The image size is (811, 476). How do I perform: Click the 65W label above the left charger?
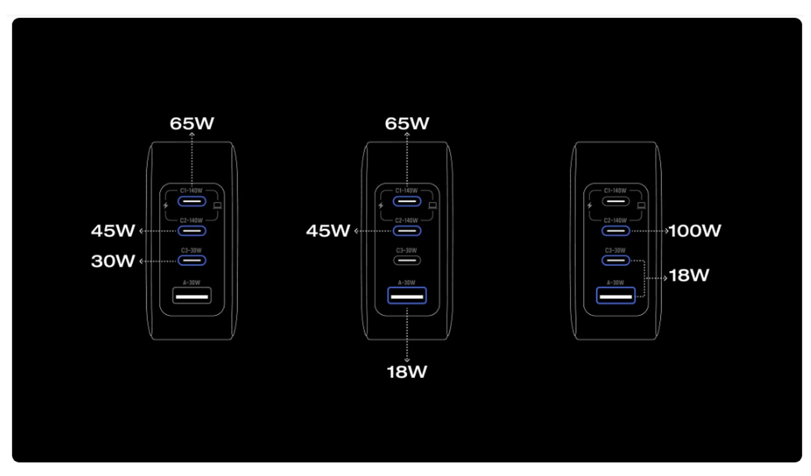pos(192,124)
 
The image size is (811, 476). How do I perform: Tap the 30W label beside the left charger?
pos(113,261)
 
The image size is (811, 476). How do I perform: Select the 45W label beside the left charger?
pos(113,231)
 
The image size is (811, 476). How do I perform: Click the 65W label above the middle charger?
pos(407,124)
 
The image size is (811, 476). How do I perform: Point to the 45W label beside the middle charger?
pos(328,231)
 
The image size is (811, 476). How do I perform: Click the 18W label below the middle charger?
pos(407,372)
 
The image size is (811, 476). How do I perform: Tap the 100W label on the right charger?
pos(695,231)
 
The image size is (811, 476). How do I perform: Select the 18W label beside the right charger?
pos(689,275)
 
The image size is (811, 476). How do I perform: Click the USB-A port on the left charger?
pos(192,296)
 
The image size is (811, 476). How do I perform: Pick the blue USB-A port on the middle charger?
pos(407,296)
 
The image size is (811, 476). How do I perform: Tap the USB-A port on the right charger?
pos(615,296)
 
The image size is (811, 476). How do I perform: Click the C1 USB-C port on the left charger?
pos(192,201)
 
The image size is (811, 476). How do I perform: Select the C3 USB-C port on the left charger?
pos(192,261)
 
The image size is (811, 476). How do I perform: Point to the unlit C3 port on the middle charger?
pos(407,261)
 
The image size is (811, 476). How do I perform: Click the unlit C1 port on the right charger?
pos(615,201)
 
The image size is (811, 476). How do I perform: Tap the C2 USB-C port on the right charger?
pos(615,231)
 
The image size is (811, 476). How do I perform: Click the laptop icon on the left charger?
pos(218,206)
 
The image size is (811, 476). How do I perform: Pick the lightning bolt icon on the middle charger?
pos(381,206)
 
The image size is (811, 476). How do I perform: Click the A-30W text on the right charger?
pos(615,283)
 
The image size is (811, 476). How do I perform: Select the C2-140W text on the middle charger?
pos(406,220)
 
